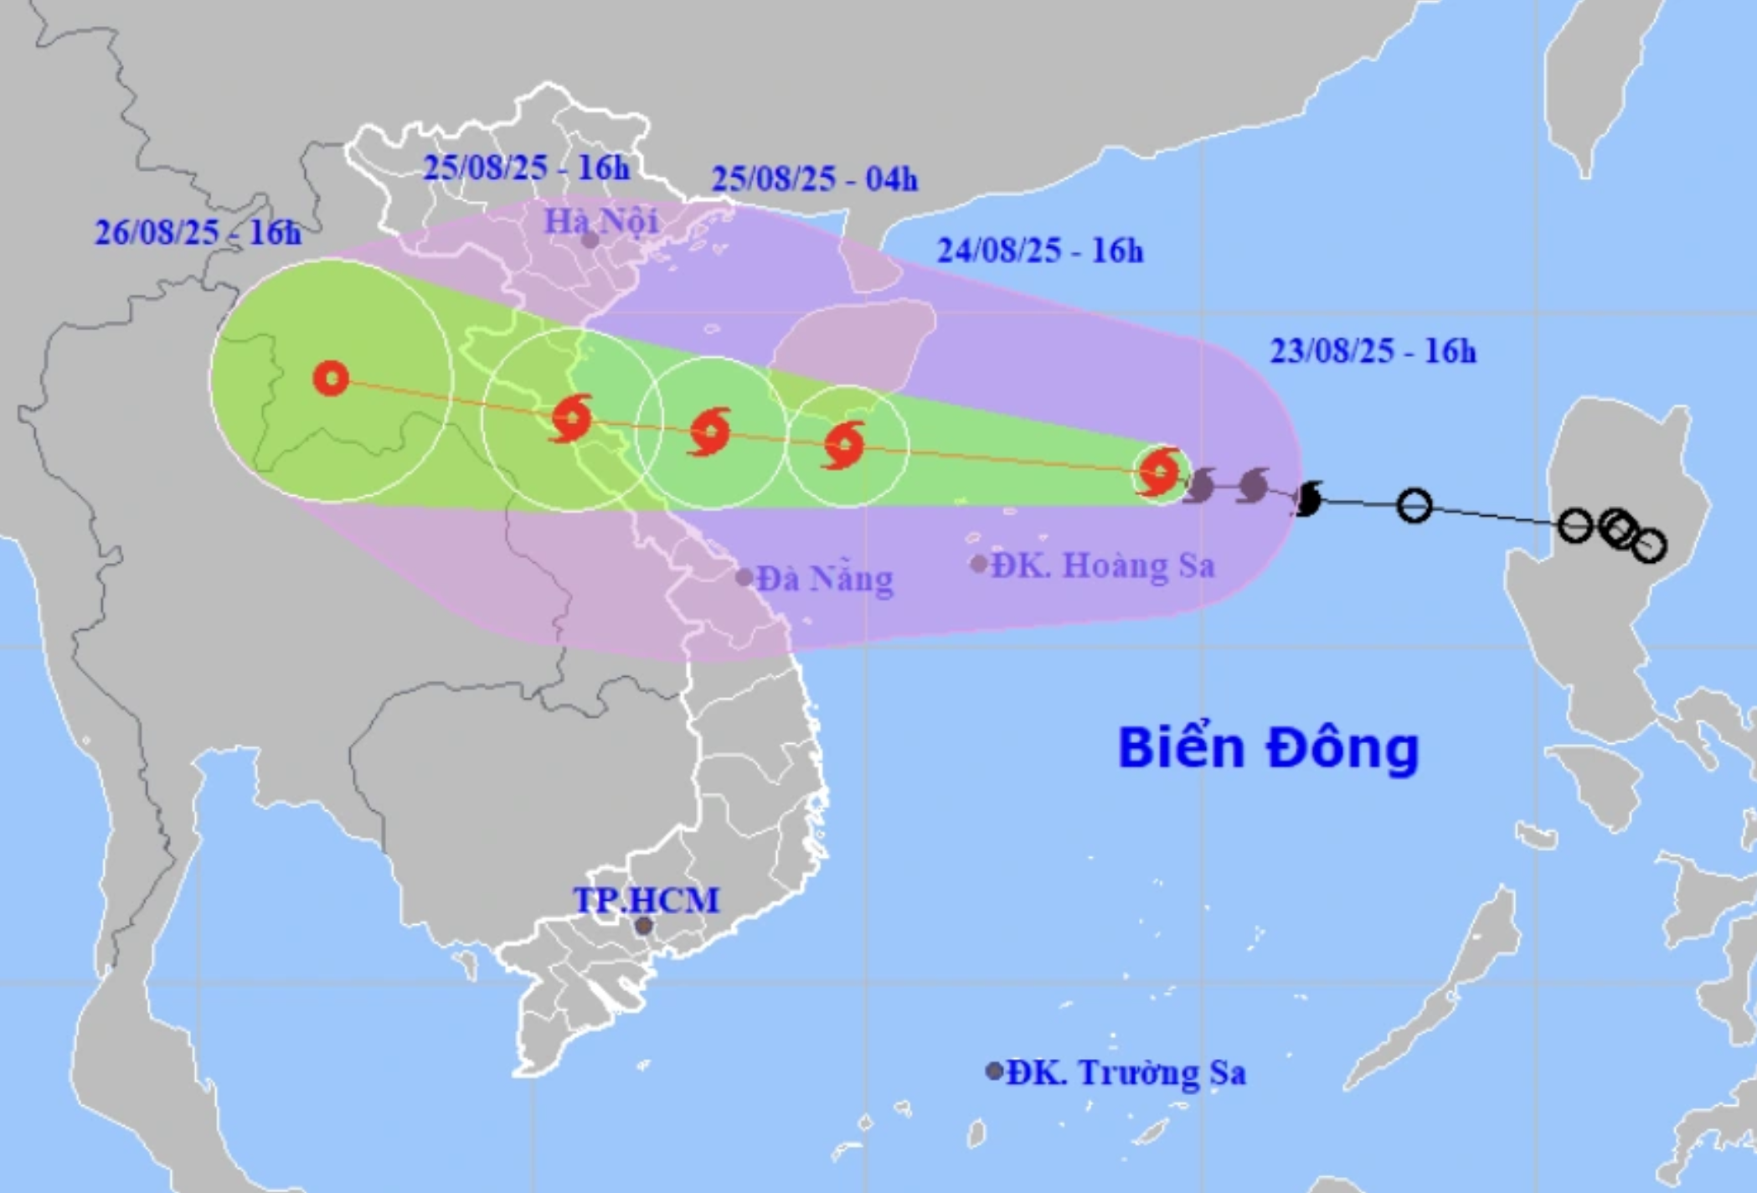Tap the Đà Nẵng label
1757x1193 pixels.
click(825, 578)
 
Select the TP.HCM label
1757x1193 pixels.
click(646, 901)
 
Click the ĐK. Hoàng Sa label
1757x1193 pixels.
click(1103, 566)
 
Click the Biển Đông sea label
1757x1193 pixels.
click(1269, 748)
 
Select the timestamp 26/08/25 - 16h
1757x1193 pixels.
click(198, 233)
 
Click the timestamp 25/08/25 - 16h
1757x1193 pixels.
click(525, 168)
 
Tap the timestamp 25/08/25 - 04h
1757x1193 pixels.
click(814, 179)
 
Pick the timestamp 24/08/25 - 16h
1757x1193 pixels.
click(1039, 250)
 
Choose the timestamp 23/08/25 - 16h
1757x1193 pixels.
click(1373, 352)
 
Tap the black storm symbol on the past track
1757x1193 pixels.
click(1306, 500)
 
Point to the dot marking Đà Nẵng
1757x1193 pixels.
click(744, 577)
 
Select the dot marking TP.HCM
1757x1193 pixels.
click(643, 926)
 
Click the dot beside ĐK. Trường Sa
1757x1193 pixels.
click(994, 1071)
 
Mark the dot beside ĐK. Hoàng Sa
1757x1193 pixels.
click(978, 565)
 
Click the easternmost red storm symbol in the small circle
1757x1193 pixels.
click(1160, 473)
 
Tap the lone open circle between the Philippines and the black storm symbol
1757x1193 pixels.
click(1414, 505)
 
